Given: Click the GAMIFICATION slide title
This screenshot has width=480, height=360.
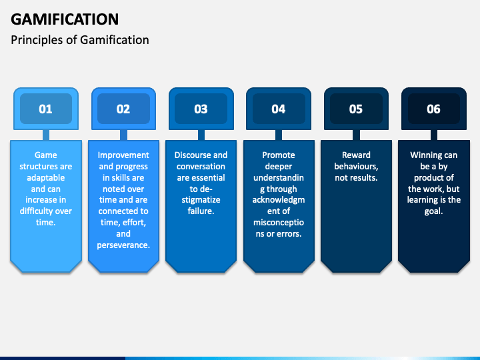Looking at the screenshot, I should click(x=65, y=19).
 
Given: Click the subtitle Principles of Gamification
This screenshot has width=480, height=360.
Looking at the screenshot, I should click(x=80, y=40).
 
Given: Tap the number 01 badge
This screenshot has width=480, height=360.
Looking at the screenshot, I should click(x=45, y=109).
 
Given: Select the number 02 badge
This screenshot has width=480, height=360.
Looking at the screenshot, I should click(x=123, y=109).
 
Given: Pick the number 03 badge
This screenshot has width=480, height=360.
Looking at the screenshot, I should click(x=201, y=109).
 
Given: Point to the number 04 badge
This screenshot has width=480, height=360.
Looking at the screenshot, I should click(x=279, y=109).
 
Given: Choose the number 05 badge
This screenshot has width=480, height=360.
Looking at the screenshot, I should click(x=356, y=109).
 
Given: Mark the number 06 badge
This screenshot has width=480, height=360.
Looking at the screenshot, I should click(x=434, y=109).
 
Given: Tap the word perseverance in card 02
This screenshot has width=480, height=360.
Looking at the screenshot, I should click(x=123, y=245).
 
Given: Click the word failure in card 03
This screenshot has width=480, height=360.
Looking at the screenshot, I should click(x=201, y=211).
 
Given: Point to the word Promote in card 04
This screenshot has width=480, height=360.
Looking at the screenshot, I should click(x=279, y=155).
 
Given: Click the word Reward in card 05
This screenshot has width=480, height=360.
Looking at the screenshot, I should click(x=356, y=155).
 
